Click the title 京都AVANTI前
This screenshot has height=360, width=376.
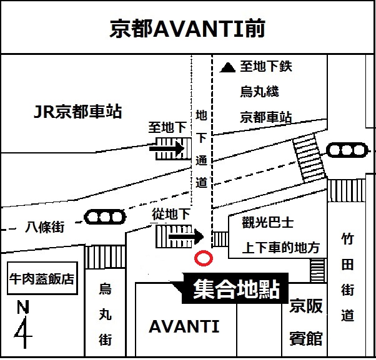(187, 27)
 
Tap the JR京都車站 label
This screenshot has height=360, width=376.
(77, 112)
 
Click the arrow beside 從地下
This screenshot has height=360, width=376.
(186, 236)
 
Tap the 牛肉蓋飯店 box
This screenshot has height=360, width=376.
(42, 278)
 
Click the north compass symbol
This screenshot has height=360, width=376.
(24, 325)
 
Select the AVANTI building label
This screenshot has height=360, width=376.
(184, 326)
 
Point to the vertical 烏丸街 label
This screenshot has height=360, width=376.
(105, 315)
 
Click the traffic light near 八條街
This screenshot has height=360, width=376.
(105, 218)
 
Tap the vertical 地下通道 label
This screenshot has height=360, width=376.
(201, 149)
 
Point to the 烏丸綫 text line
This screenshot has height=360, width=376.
(259, 92)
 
